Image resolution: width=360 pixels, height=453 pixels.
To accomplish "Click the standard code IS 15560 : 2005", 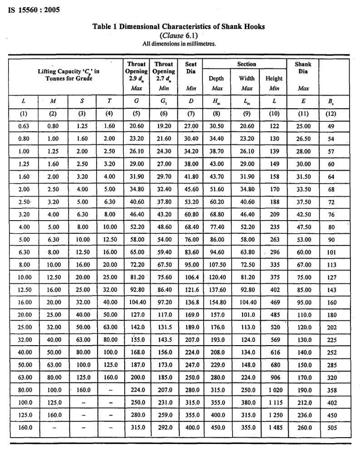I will pos(34,9).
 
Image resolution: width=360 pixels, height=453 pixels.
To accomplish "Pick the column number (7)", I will pos(191,114).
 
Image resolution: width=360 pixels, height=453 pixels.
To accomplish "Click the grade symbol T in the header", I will pos(109,101).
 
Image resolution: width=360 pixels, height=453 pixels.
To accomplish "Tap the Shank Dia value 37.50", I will pos(303,215).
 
